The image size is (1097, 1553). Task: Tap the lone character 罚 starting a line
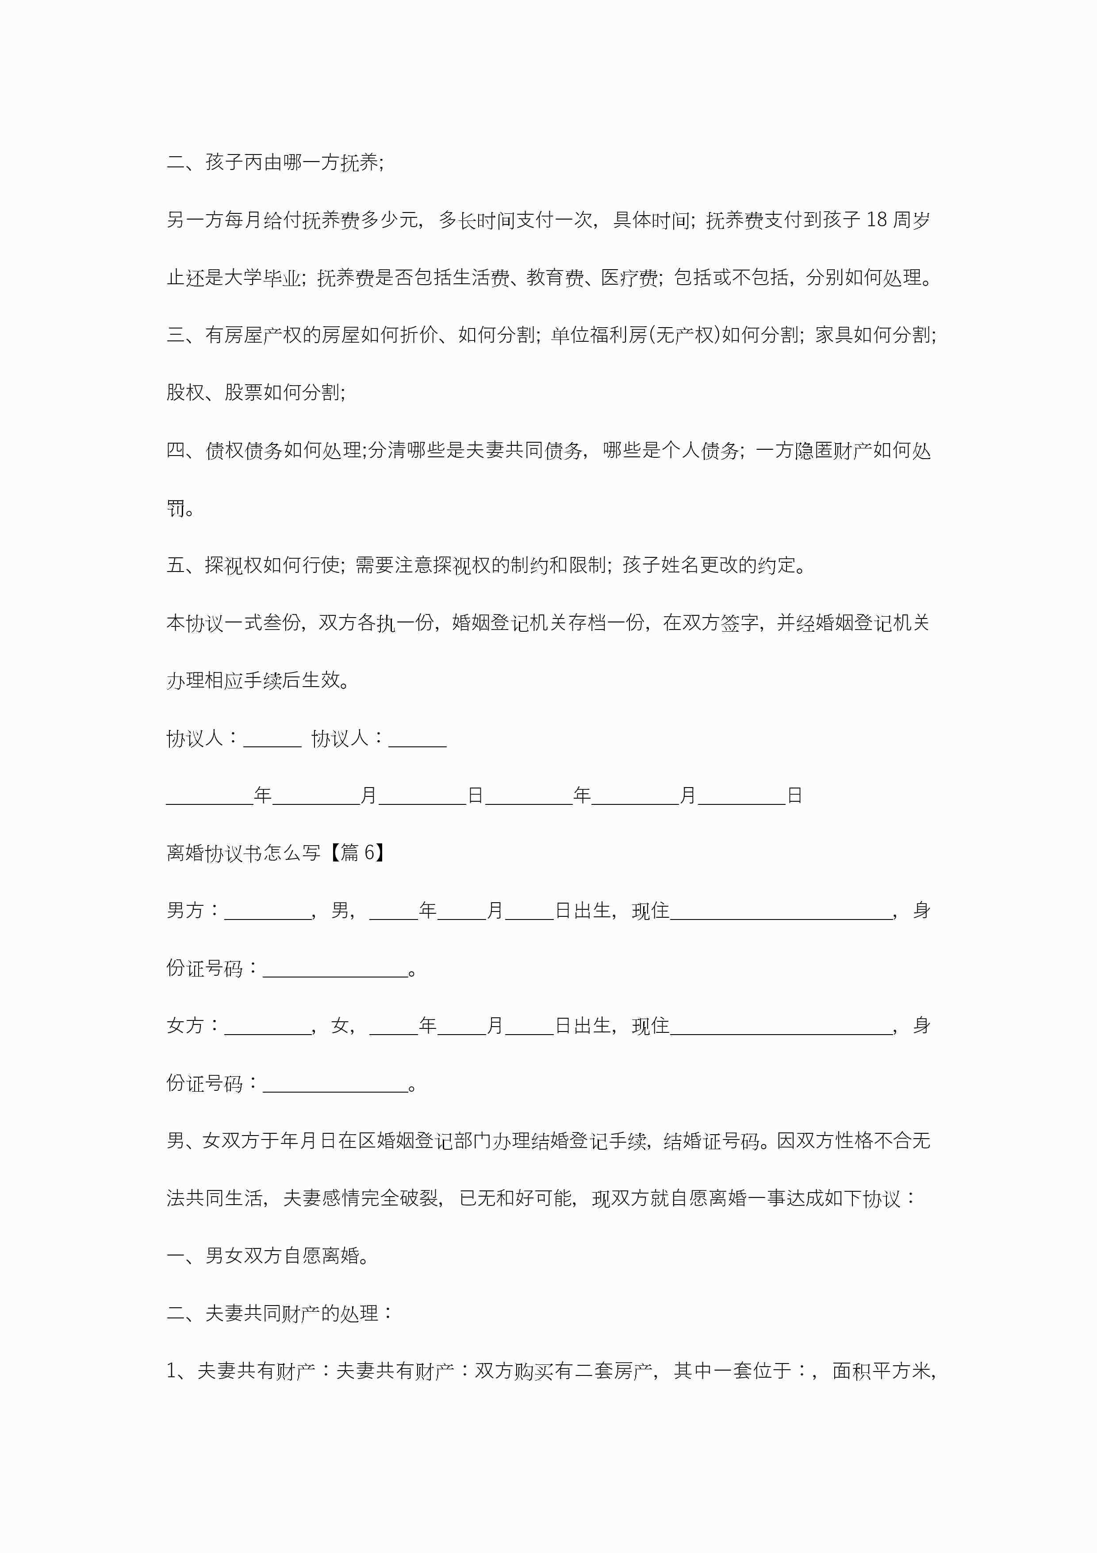pyautogui.click(x=176, y=507)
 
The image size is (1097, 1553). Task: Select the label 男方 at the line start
pyautogui.click(x=185, y=911)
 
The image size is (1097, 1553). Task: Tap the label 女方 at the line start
pyautogui.click(x=185, y=1025)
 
